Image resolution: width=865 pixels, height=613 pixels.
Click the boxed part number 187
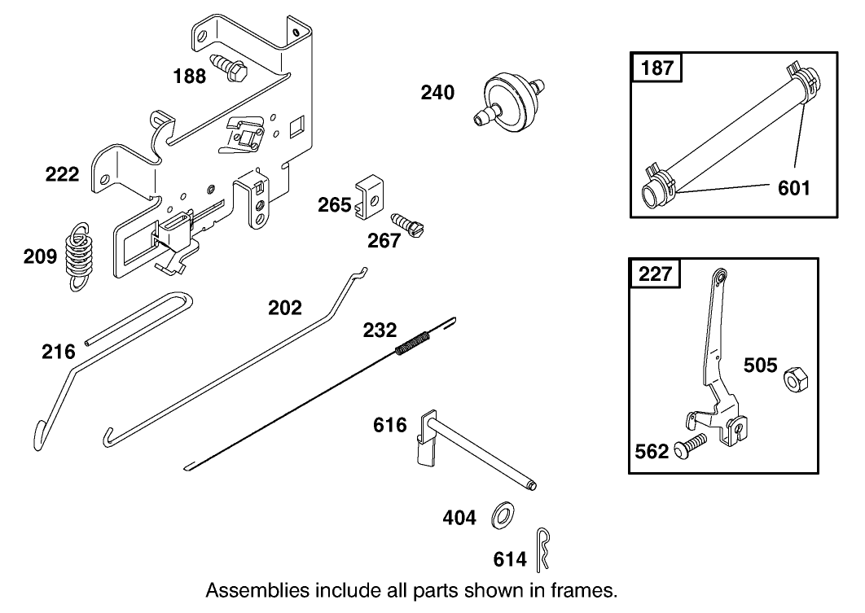657,67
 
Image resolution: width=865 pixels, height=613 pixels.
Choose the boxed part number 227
656,273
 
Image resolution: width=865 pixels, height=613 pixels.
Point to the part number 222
63,173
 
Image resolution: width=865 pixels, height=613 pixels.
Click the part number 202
285,308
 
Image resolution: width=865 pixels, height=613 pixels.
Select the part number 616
390,425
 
